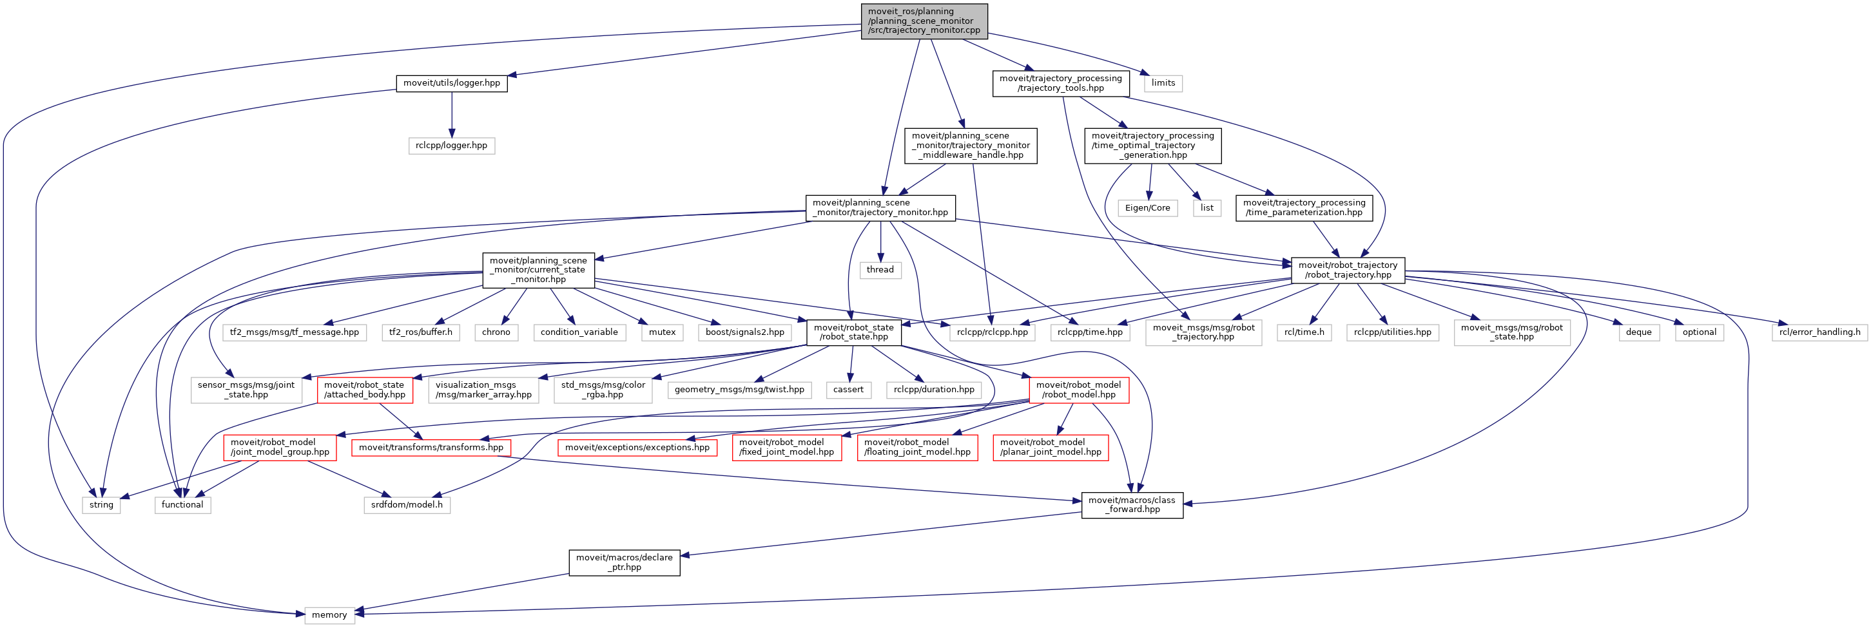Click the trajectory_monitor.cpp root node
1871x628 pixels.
(924, 21)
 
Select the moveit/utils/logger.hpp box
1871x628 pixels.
(452, 82)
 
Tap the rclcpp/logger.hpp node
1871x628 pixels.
(451, 145)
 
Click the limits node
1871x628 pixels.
(1163, 82)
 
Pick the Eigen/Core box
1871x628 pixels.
(1148, 207)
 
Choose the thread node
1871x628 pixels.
(880, 269)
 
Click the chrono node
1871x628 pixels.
(496, 332)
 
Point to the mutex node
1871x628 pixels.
(662, 332)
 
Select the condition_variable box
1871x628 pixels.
(579, 332)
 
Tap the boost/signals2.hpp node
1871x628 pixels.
(744, 332)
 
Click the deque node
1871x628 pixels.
(1638, 332)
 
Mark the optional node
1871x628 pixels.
(1700, 332)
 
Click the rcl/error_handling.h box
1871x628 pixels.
(1819, 332)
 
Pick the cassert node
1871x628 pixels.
(848, 389)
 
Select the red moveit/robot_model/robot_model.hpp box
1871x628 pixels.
(1079, 390)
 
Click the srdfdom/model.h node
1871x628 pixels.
(407, 504)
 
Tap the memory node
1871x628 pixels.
(329, 615)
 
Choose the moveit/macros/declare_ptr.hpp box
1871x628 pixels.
(624, 562)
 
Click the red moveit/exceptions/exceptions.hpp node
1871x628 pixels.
(637, 447)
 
